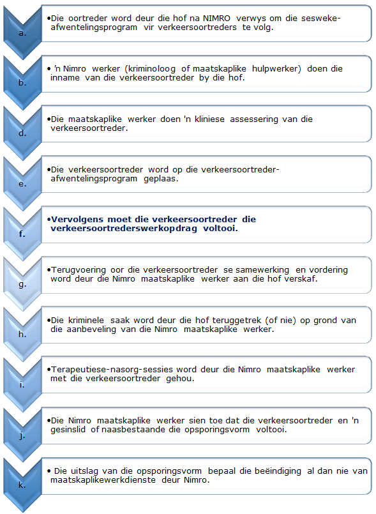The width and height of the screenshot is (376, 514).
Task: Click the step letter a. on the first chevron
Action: pyautogui.click(x=22, y=33)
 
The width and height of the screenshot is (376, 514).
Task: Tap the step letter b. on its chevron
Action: pyautogui.click(x=22, y=83)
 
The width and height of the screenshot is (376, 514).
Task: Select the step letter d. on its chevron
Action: pyautogui.click(x=22, y=133)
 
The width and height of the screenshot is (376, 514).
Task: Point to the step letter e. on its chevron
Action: pyautogui.click(x=22, y=183)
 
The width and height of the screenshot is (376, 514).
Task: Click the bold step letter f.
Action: pyautogui.click(x=22, y=234)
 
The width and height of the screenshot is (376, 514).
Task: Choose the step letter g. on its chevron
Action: pyautogui.click(x=22, y=283)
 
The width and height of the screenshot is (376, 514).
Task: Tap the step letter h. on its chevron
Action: pyautogui.click(x=22, y=334)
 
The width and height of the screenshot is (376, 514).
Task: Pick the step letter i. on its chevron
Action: pyautogui.click(x=22, y=384)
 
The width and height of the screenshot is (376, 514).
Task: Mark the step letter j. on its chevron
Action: pyautogui.click(x=22, y=434)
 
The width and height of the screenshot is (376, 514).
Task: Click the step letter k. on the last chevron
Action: pyautogui.click(x=22, y=485)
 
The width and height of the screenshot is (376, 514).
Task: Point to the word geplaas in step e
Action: pyautogui.click(x=160, y=179)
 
